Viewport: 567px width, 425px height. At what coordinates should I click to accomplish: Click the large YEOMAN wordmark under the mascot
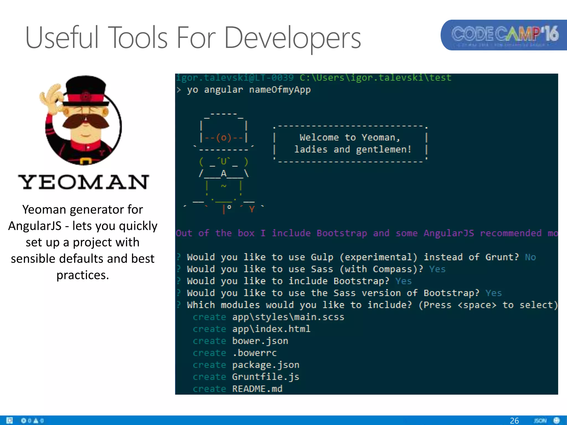coord(83,182)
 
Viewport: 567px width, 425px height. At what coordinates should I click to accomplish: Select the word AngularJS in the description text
coord(35,226)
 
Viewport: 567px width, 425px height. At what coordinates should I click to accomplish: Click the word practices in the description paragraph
coord(83,275)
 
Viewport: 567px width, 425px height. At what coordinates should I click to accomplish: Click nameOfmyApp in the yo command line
coord(280,90)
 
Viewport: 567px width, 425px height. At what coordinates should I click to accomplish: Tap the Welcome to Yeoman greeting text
coord(350,138)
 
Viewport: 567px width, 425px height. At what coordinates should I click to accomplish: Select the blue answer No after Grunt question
coord(530,257)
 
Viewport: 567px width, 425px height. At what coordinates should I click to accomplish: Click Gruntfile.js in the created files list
coord(266,377)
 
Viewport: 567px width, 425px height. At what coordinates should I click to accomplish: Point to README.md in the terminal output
coord(257,389)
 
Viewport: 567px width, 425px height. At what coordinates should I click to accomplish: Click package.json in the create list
coord(266,365)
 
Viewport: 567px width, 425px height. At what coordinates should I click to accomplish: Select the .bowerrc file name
coord(254,353)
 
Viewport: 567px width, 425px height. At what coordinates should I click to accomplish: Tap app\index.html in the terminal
coord(271,329)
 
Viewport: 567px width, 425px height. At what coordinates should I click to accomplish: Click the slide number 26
coord(514,421)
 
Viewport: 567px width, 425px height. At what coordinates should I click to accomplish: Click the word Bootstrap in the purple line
coord(342,233)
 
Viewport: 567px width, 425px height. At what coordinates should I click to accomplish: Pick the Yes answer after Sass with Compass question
coord(437,269)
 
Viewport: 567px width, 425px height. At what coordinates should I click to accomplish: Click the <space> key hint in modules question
coord(477,305)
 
